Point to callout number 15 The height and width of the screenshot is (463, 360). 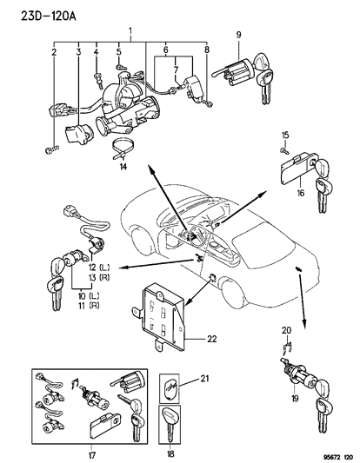(x=284, y=135)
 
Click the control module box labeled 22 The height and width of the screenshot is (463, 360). (x=162, y=313)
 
